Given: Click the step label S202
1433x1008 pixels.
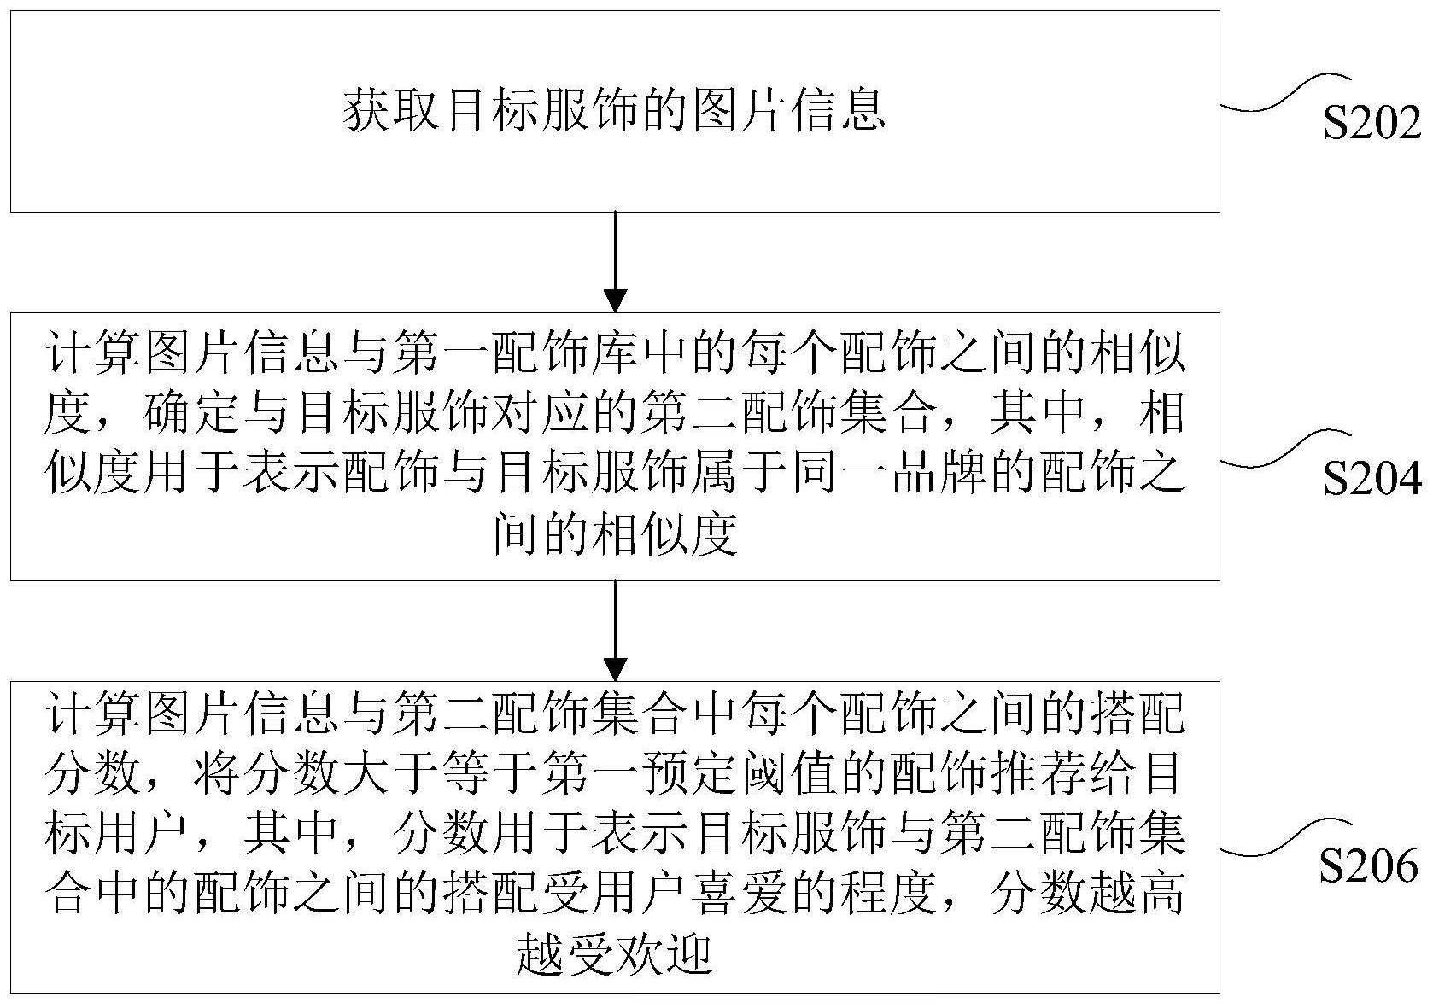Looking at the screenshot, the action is (1372, 124).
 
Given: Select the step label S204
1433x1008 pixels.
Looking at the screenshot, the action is (1372, 479).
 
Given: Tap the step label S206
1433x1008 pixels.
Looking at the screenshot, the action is (1369, 866).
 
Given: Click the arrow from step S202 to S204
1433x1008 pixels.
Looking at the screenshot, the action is (615, 262).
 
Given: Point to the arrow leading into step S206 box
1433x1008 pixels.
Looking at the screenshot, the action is (615, 631).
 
